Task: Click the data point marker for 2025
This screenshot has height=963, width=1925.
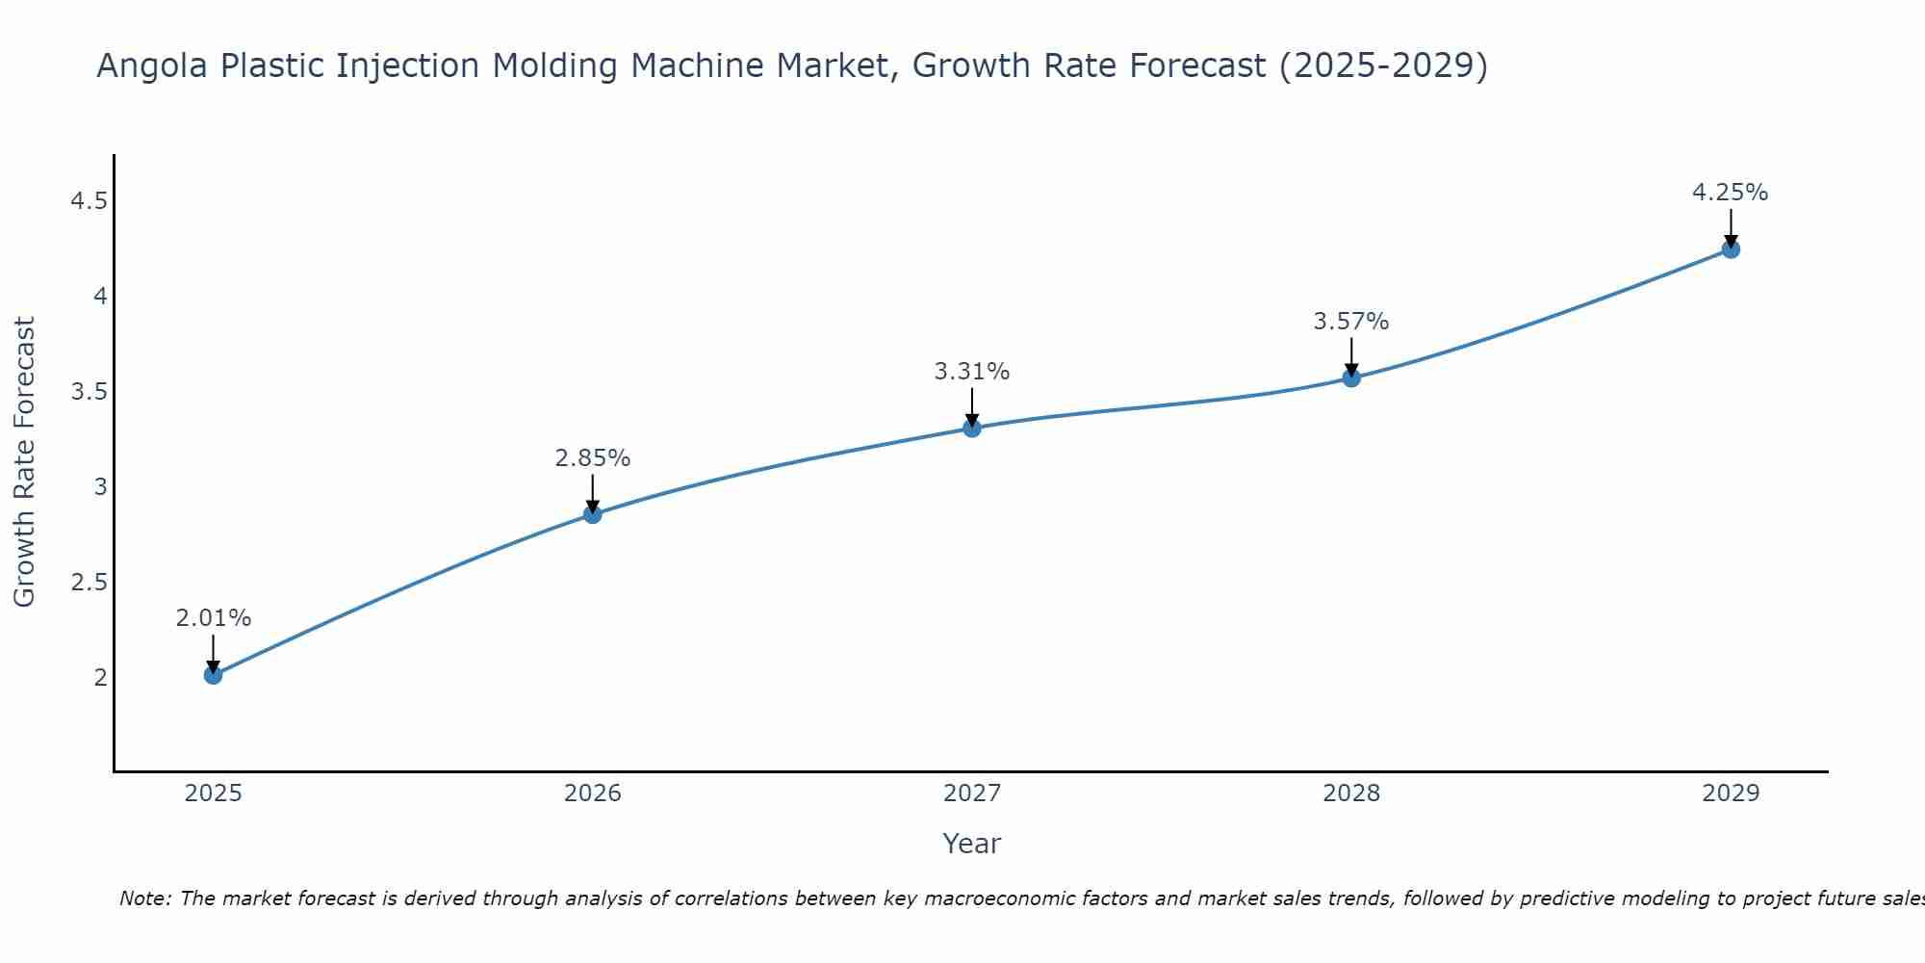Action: click(x=213, y=675)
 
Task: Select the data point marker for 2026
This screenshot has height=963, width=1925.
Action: click(x=592, y=514)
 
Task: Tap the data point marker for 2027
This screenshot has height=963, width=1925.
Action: click(x=972, y=428)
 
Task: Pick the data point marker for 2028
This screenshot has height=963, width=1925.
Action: click(x=1351, y=377)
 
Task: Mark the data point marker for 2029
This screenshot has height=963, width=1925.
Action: click(x=1731, y=249)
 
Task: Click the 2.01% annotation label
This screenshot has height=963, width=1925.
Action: click(x=213, y=618)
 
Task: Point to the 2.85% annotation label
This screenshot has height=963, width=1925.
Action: click(x=592, y=458)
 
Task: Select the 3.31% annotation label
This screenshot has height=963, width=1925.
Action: click(x=972, y=372)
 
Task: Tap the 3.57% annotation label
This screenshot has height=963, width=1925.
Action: click(x=1351, y=322)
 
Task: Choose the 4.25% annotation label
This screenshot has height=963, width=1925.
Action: click(x=1731, y=193)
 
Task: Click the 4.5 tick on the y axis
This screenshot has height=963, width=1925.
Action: click(x=89, y=201)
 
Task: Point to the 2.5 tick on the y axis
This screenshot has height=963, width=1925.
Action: click(x=89, y=583)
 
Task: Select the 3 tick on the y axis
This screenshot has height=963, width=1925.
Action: click(x=100, y=487)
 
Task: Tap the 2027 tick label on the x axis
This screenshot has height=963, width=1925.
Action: click(x=972, y=794)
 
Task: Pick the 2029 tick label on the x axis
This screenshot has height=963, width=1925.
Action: click(x=1731, y=794)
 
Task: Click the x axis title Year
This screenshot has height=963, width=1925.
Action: click(x=972, y=844)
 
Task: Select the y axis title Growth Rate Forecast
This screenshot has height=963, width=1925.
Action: click(x=24, y=462)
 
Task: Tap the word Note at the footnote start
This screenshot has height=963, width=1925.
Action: click(x=144, y=898)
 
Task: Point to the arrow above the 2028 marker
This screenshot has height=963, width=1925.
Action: click(x=1351, y=357)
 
